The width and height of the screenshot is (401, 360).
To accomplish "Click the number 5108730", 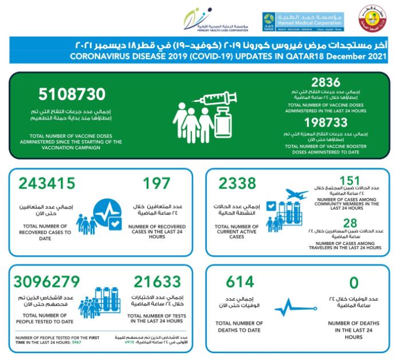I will pos(72,94).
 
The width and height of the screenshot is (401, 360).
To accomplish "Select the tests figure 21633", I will pos(158,282).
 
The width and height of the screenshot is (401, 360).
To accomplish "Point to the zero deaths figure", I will pos(353,282).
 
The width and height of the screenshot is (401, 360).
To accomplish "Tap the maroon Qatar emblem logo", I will pos(372,21).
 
